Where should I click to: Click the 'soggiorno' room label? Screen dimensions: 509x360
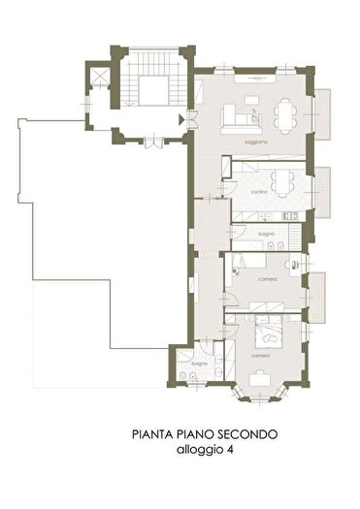256,143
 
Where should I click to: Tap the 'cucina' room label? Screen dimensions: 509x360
258,193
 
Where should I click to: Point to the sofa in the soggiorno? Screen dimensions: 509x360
236,120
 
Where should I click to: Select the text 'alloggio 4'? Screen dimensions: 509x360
205,451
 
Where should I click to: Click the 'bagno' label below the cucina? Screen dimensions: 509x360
266,235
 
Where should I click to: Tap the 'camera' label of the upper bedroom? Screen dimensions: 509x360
268,279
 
